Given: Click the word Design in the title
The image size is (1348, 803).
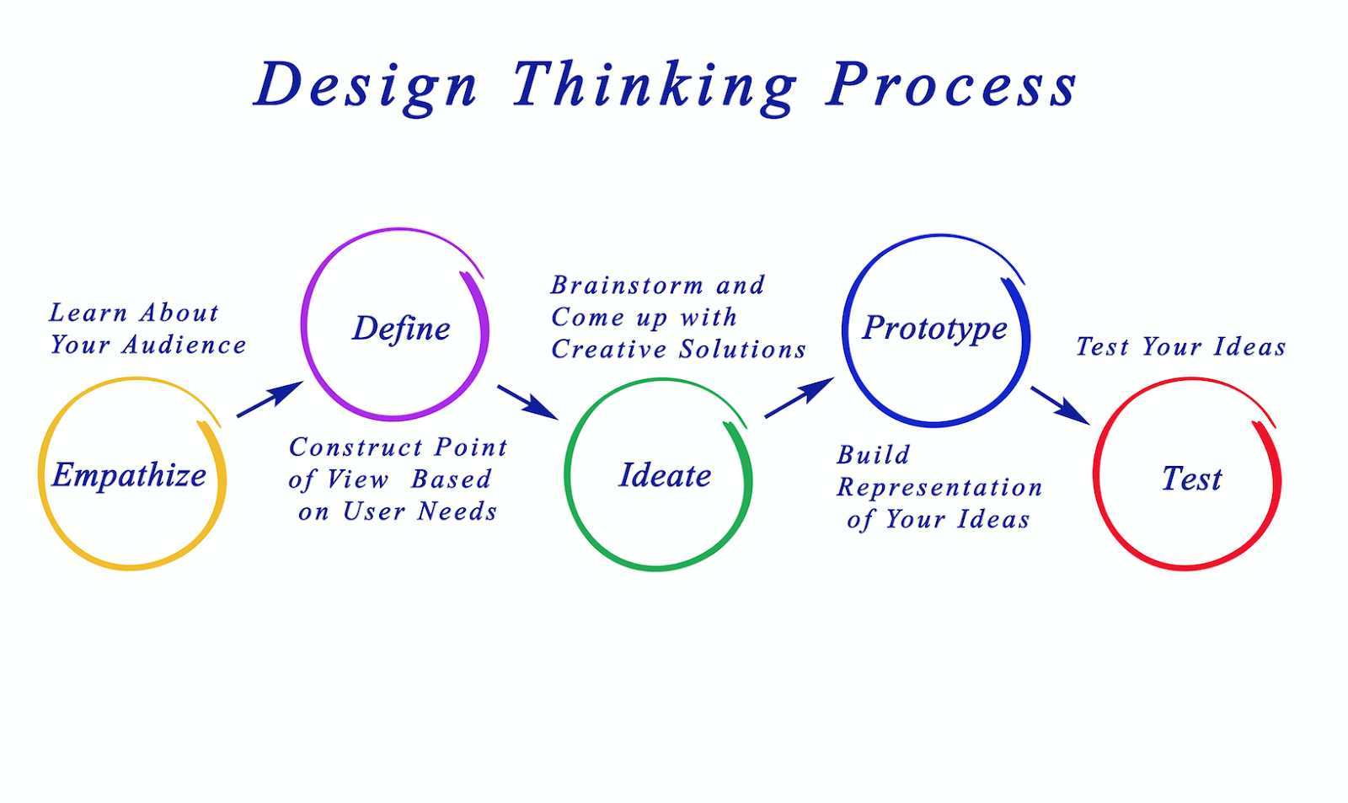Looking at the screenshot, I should pos(366,86).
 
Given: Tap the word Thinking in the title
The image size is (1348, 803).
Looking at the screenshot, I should pos(654,86).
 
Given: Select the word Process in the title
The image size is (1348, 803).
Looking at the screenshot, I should pos(951,86).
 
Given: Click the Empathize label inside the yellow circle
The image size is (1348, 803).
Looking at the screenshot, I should pos(129,475).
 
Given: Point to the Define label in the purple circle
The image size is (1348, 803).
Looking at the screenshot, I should pos(401,329).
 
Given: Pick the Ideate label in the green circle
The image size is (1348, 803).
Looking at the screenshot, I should pos(665,476).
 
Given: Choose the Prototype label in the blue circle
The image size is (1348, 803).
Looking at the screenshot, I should pos(934,328).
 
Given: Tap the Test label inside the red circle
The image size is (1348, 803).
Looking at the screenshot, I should pos(1191,479).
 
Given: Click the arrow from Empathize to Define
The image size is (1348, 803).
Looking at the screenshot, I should pos(270,399).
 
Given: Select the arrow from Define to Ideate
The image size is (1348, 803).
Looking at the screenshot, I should pos(527,402).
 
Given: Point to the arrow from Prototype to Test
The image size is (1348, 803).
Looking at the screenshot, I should pos(1060,405).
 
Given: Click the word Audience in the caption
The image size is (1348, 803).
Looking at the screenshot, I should pos(185,345).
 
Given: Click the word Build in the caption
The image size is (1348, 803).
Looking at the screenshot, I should pos(873,455).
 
